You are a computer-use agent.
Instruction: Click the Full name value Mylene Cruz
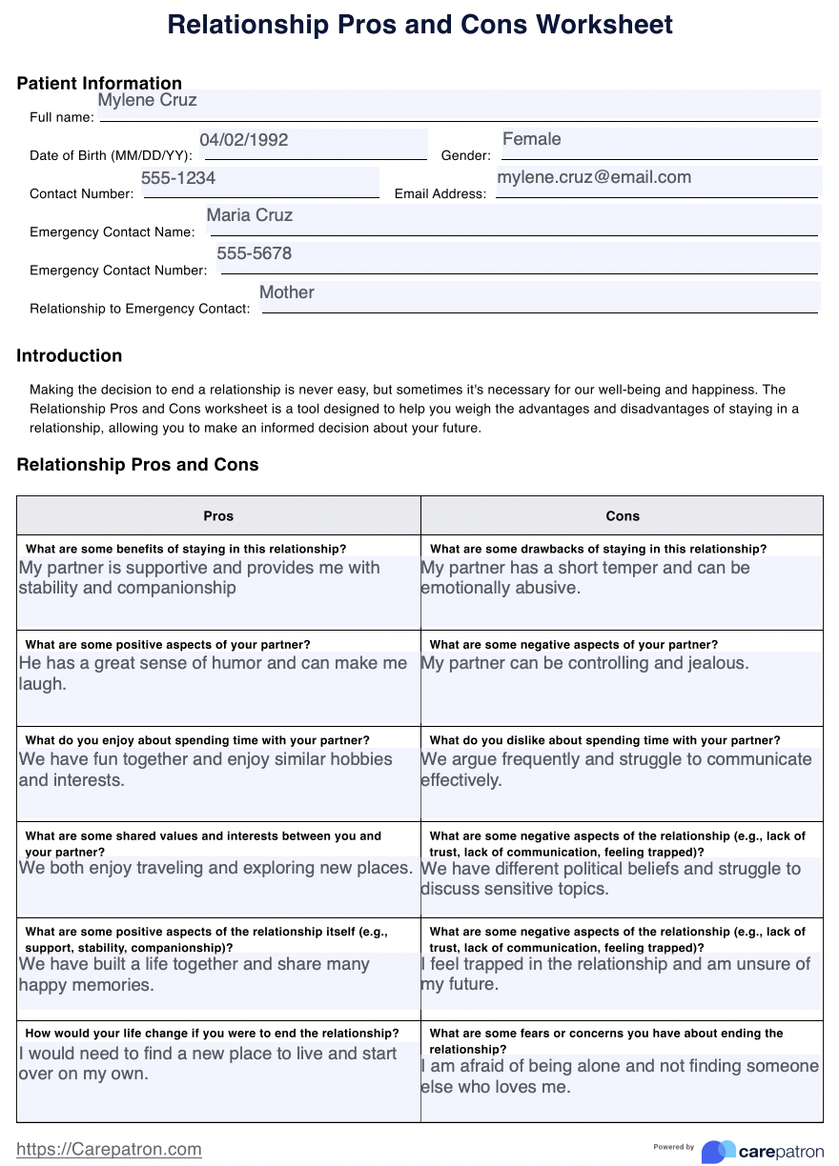148,101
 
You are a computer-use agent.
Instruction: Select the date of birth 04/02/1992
244,140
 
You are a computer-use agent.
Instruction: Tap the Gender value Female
531,139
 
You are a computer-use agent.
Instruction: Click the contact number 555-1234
178,178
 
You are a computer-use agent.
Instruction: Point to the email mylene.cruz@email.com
594,177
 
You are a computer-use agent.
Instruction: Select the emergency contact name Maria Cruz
250,215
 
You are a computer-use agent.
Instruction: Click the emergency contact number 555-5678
255,254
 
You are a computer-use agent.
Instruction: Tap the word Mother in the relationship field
287,292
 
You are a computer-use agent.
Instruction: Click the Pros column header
218,515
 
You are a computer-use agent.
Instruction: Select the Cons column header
623,515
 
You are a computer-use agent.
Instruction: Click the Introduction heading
70,356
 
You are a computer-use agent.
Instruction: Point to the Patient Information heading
99,84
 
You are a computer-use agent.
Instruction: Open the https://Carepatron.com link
110,1149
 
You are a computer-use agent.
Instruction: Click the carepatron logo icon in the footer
719,1151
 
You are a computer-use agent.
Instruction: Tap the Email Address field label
440,194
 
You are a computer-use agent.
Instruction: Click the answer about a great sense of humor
213,673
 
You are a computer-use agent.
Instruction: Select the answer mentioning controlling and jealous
584,663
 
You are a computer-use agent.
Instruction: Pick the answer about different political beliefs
610,878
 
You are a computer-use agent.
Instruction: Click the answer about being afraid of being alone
620,1076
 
